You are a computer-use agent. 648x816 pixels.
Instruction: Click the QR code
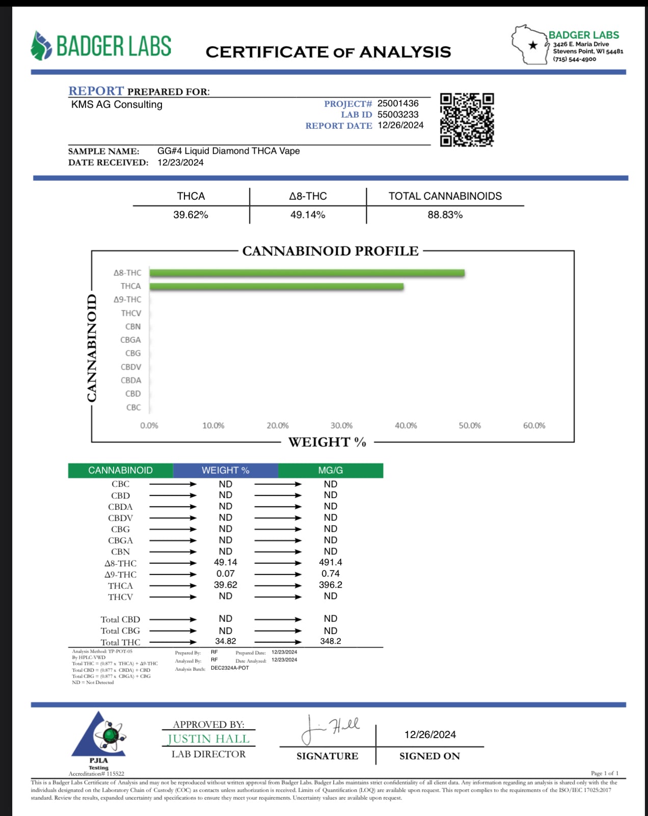pos(467,120)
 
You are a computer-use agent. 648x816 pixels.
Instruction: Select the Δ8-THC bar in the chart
pos(307,273)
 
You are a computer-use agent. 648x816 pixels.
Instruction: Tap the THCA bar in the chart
pos(277,287)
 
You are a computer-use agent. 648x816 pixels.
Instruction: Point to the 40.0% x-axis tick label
pos(406,425)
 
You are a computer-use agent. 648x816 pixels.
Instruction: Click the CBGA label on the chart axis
pos(130,340)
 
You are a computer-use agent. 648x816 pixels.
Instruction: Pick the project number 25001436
pos(398,103)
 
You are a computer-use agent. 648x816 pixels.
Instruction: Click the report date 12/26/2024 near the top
pos(400,125)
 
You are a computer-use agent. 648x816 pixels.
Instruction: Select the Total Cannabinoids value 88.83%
pos(445,215)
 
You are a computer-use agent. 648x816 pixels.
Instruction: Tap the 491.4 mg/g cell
pos(330,562)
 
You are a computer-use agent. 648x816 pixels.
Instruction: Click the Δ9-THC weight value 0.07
pos(225,574)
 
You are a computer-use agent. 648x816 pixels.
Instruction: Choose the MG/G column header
pos(330,470)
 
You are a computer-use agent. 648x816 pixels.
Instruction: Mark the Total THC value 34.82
pos(225,641)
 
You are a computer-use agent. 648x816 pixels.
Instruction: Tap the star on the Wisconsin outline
pos(533,45)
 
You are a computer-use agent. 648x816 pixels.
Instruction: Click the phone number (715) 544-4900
pos(574,59)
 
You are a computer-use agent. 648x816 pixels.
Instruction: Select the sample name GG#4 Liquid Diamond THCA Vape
pos(228,151)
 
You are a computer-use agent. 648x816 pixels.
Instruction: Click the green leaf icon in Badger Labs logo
pos(41,46)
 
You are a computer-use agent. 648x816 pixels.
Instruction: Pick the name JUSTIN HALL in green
pos(208,739)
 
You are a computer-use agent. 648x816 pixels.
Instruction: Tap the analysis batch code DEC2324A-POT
pos(230,668)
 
